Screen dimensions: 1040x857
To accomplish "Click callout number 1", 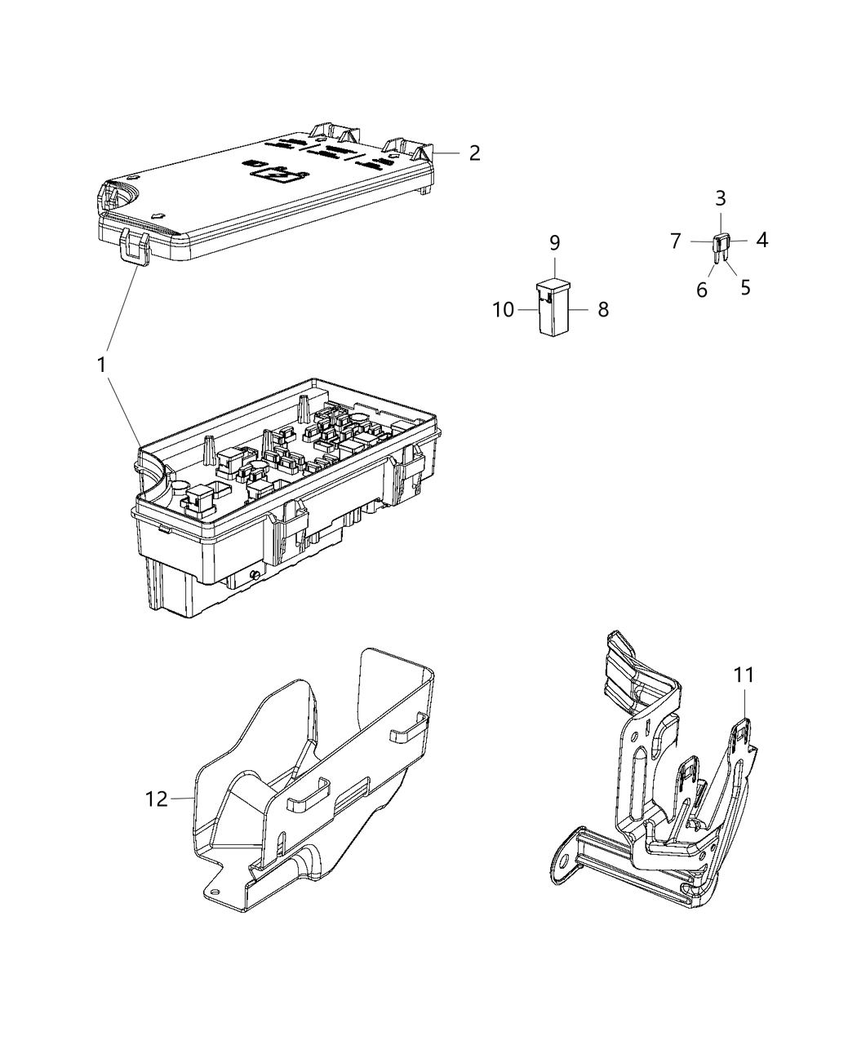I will [x=102, y=365].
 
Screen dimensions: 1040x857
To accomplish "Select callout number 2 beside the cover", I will [x=474, y=153].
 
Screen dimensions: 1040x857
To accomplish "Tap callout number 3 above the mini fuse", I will [x=721, y=198].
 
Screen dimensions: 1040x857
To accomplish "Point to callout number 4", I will [x=761, y=240].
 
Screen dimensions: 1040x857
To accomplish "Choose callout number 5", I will [x=745, y=288].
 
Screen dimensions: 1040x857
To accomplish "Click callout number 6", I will [x=702, y=290].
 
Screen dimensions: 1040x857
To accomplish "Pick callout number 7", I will [x=676, y=241].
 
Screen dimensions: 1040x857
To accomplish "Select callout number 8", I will [x=602, y=310].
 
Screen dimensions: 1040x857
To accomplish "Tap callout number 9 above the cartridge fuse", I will [x=554, y=243].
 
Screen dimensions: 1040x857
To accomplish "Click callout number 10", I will [x=504, y=310].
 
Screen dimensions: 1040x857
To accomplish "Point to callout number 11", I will [x=744, y=675].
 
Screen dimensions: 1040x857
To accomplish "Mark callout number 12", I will [x=156, y=799].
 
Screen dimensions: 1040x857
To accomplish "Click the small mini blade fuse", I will [x=721, y=244].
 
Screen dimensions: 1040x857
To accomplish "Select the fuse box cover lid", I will [x=269, y=196].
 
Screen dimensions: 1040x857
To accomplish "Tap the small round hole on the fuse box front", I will [x=255, y=576].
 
